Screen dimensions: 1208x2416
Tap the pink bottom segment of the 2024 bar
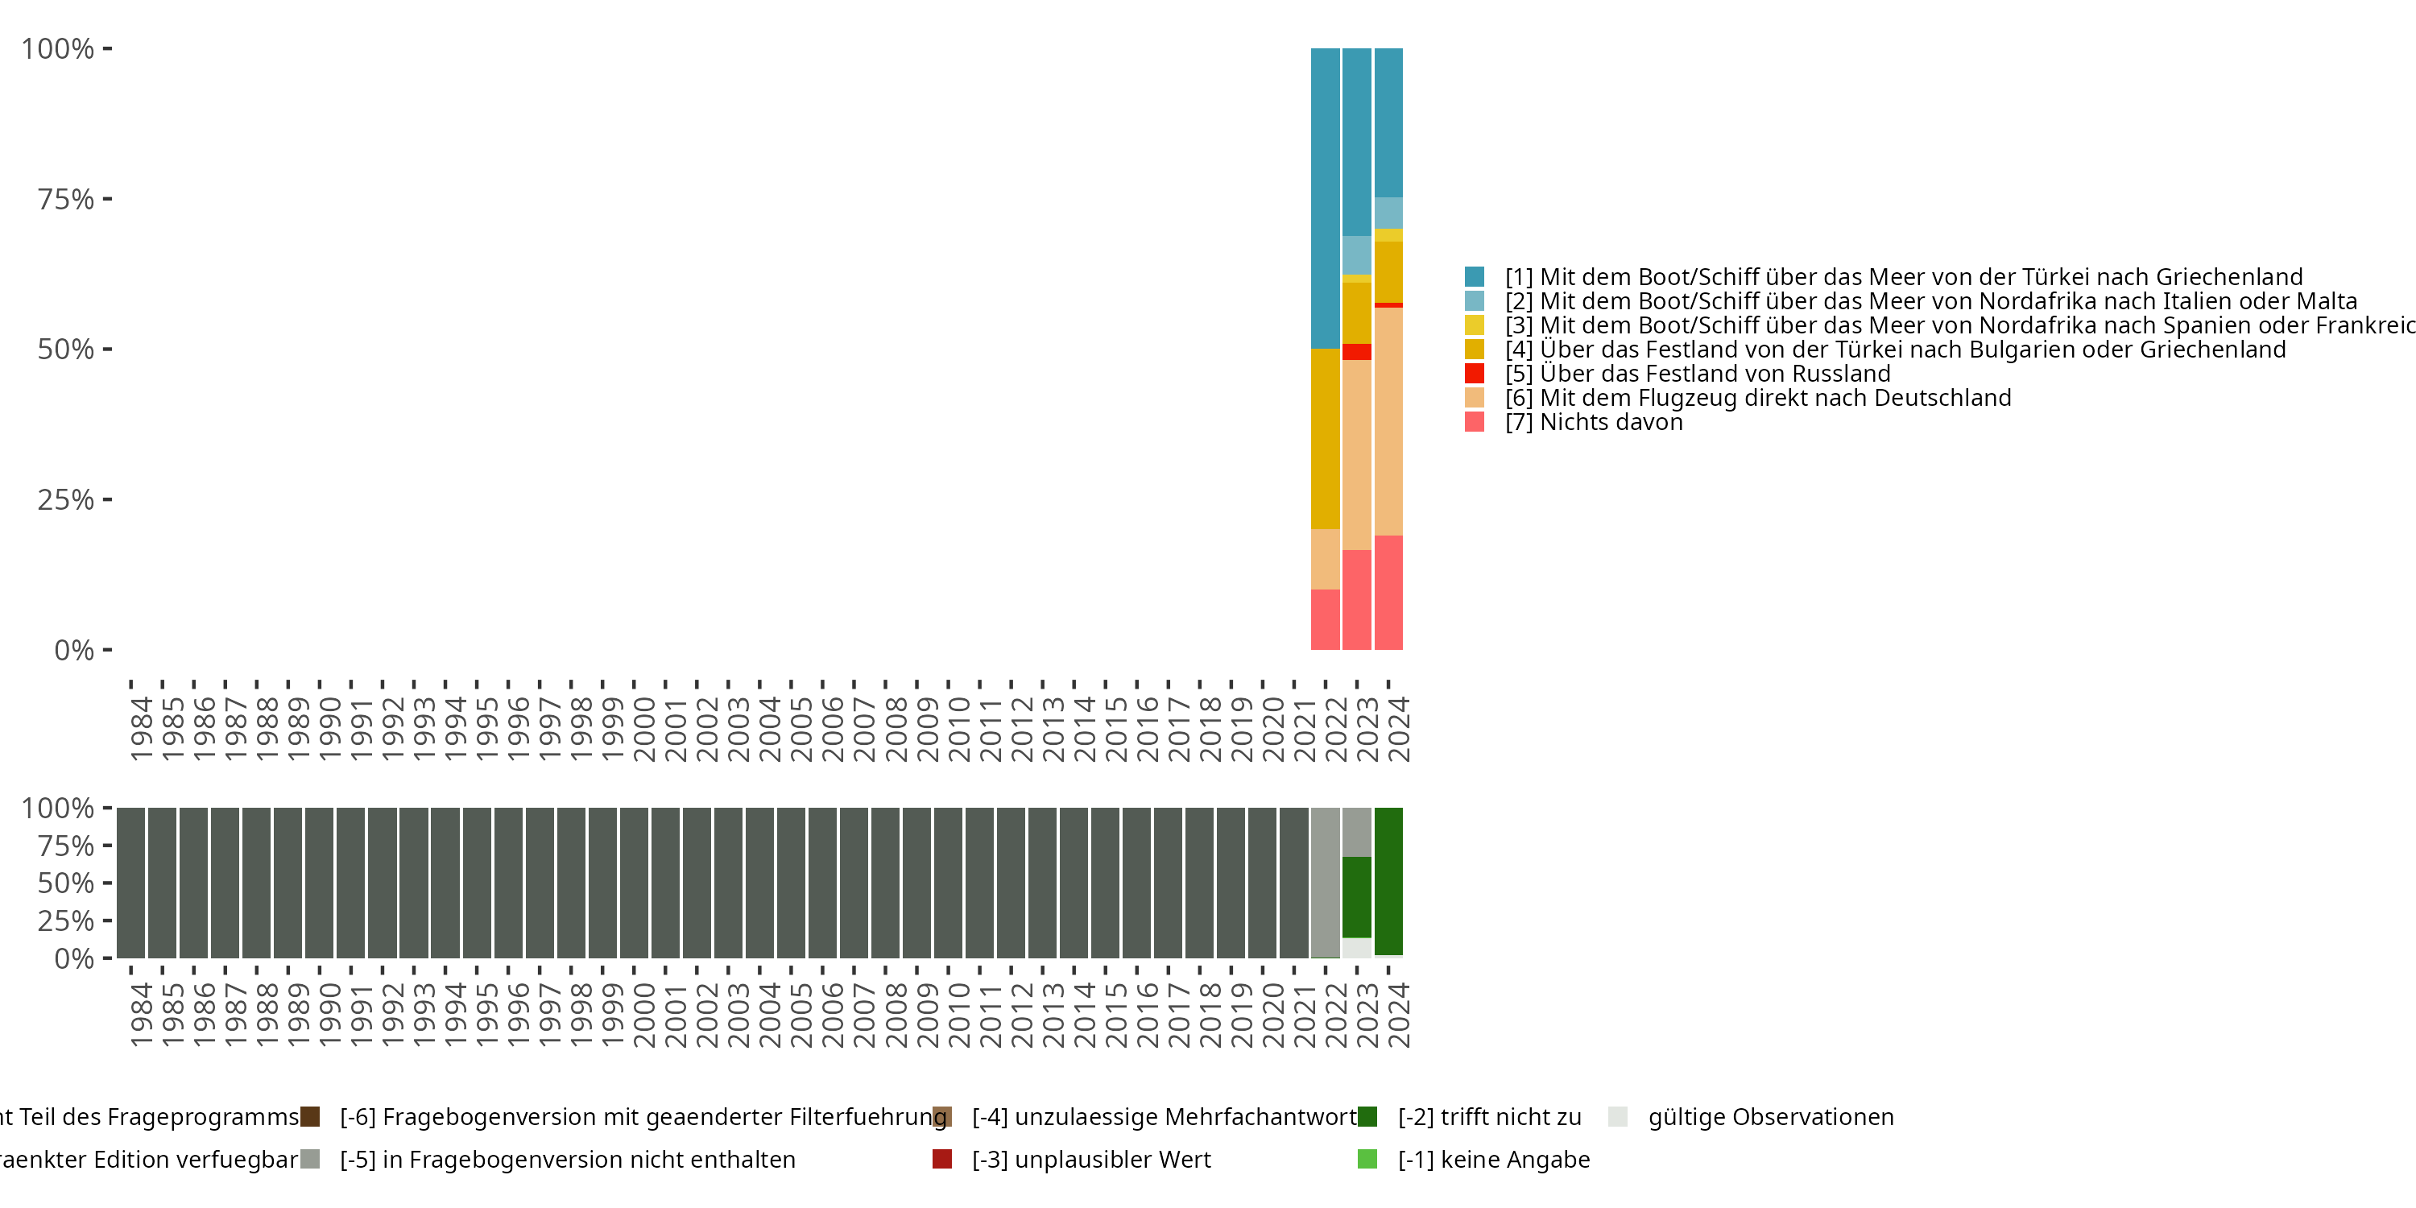(1388, 592)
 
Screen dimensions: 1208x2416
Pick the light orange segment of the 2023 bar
(1356, 455)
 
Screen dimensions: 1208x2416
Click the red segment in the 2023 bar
(1356, 352)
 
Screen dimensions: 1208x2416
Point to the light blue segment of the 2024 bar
(1388, 213)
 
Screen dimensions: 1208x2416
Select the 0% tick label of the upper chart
(74, 650)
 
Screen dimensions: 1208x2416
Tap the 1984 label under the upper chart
(141, 729)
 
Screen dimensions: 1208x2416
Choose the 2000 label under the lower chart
(643, 1015)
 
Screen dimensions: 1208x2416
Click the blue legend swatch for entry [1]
(1475, 277)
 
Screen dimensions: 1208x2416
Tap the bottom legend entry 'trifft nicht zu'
(1488, 1117)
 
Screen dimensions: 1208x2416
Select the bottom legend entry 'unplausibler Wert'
(1090, 1159)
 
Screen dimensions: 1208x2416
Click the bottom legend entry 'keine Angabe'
(1493, 1159)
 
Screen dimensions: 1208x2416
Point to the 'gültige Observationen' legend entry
(1770, 1117)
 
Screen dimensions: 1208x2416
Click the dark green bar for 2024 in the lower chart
(1388, 881)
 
